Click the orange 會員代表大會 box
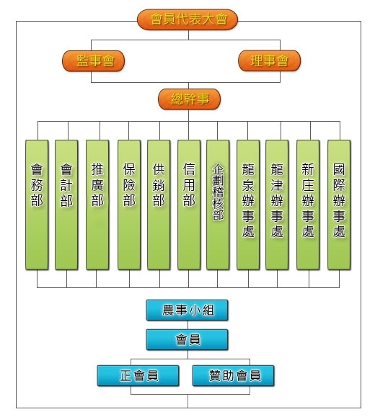[187, 19]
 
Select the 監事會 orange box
[94, 61]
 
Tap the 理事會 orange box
[269, 61]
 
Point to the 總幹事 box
[190, 99]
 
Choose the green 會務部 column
[37, 205]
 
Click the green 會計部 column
[66, 205]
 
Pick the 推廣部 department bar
[97, 205]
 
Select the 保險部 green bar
[129, 205]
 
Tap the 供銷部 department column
[159, 205]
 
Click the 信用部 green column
[189, 205]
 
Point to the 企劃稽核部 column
[218, 205]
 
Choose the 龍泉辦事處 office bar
[248, 205]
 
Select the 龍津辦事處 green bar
[277, 205]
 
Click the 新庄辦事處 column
[308, 205]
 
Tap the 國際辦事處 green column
[339, 205]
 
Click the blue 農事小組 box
[187, 310]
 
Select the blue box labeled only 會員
[187, 340]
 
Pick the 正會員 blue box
[138, 375]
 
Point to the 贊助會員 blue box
[234, 375]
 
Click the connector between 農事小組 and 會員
[187, 325]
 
